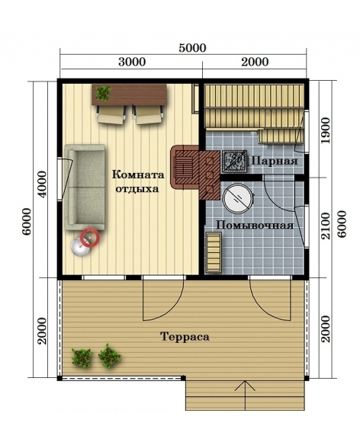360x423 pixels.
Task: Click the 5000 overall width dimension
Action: [x=192, y=48]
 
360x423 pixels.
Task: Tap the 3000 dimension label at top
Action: [x=132, y=62]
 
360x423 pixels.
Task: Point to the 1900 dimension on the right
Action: [x=326, y=130]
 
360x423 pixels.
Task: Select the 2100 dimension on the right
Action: [x=326, y=226]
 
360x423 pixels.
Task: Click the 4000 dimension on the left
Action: [x=42, y=184]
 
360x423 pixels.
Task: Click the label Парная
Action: [x=275, y=162]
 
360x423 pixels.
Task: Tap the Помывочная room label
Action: [x=255, y=226]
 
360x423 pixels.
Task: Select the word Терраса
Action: [x=185, y=337]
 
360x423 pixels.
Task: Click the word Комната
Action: [x=138, y=175]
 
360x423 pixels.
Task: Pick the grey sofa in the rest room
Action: [x=85, y=187]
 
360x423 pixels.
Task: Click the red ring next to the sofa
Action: [x=90, y=237]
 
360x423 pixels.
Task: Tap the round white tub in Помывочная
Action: [x=238, y=199]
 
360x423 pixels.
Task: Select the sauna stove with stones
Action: [x=234, y=162]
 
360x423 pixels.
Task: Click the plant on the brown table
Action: [x=103, y=93]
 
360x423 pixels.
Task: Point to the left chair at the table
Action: [x=111, y=114]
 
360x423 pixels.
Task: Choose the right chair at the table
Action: [x=148, y=114]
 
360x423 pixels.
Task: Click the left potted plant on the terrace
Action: [x=82, y=358]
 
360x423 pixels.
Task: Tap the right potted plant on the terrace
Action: [x=109, y=356]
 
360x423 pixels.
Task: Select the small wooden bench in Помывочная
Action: [x=214, y=252]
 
